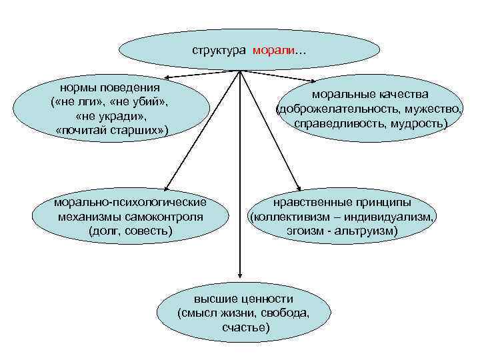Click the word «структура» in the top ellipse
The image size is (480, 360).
point(219,51)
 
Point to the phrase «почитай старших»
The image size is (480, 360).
point(112,129)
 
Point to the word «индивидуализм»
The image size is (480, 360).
point(393,217)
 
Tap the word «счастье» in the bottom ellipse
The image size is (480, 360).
point(247,327)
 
